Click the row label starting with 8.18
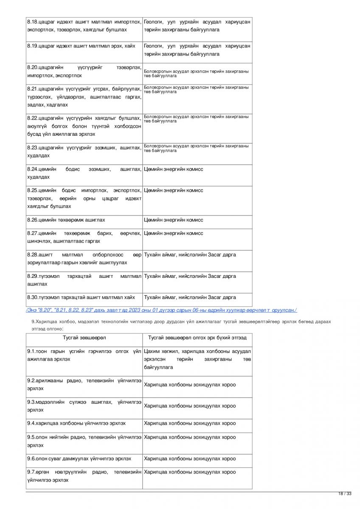pos(84,25)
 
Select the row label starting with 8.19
pos(81,46)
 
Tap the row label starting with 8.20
pos(84,71)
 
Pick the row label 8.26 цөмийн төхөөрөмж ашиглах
pos(66,220)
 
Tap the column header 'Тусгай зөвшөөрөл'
pos(84,338)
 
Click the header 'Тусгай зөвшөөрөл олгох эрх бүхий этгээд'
pos(197,338)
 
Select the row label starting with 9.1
pos(84,355)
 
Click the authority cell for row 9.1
pos(197,359)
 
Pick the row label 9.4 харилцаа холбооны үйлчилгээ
pos(76,423)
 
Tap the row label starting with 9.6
pos(79,459)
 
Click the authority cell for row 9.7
pos(190,472)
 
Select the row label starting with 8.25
pos(84,198)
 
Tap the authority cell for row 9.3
pos(190,406)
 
